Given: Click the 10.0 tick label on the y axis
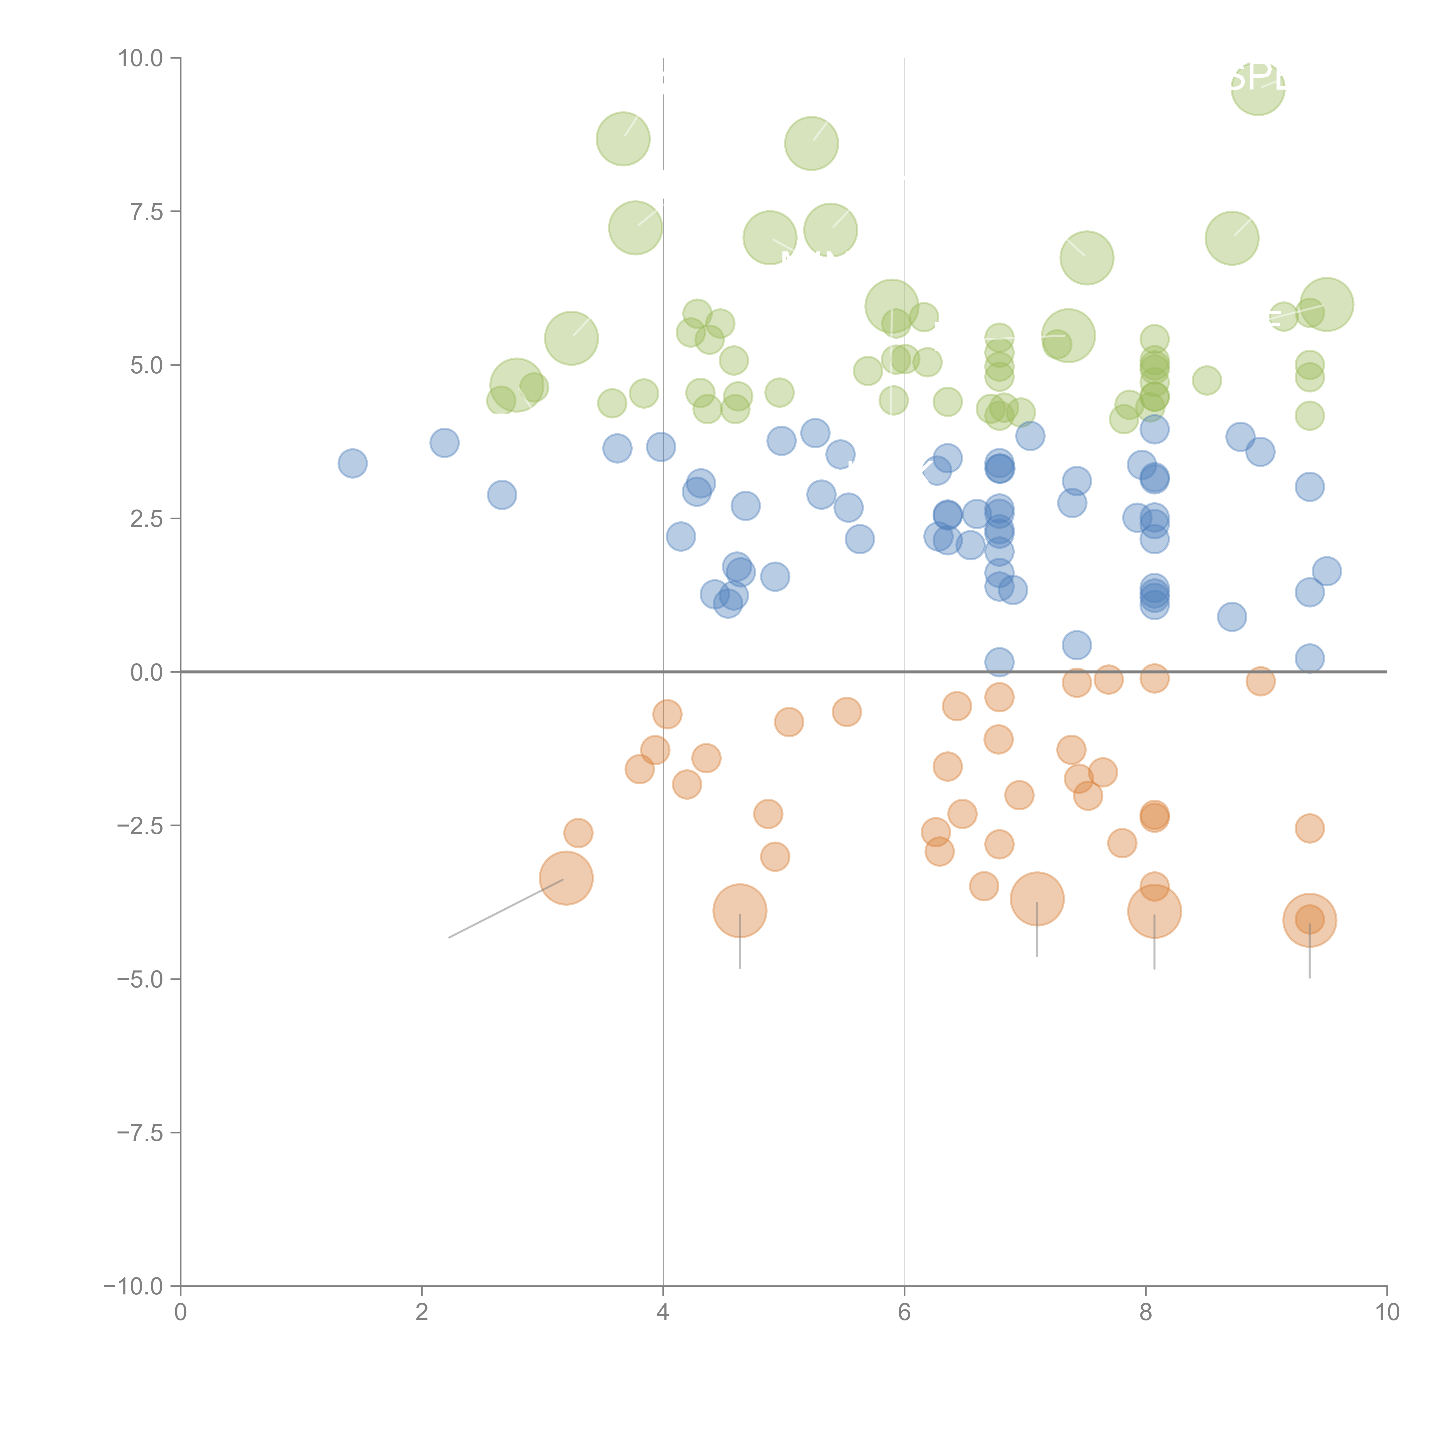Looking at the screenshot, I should tap(141, 58).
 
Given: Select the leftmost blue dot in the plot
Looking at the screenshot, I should tap(352, 464).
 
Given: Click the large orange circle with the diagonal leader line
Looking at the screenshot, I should tap(566, 878).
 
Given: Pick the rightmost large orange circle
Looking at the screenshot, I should tap(1310, 921).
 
